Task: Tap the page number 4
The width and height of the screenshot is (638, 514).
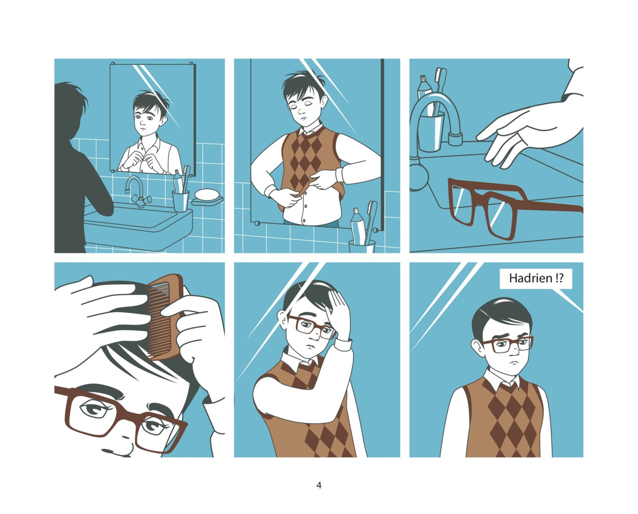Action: point(319,485)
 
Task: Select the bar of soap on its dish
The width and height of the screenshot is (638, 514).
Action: point(206,194)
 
